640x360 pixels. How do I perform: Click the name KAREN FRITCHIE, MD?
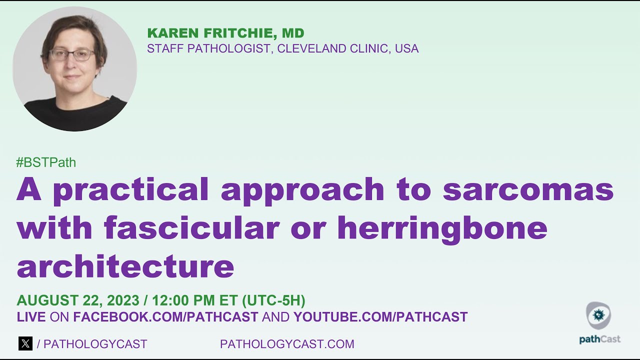point(225,33)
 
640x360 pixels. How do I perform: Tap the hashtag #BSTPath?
point(46,162)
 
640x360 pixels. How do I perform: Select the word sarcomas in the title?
point(528,189)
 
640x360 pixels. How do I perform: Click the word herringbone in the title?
point(442,228)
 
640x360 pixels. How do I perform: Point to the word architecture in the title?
point(125,266)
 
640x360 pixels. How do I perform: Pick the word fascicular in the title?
point(191,228)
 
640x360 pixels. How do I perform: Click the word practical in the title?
point(130,190)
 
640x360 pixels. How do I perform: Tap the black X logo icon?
point(25,343)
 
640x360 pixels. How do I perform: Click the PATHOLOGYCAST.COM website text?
point(287,344)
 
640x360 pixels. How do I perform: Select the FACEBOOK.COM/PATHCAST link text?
point(165,317)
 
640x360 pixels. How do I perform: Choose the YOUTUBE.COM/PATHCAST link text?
point(380,317)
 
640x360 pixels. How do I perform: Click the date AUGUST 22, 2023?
point(77,300)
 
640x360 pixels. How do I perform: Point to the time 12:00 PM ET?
point(194,300)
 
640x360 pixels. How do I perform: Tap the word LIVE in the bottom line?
point(31,317)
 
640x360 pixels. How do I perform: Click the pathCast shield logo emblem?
point(598,315)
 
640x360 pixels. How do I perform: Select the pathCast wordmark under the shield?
point(599,339)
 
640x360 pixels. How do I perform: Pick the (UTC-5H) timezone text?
point(273,300)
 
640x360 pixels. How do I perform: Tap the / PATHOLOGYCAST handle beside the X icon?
point(92,344)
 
